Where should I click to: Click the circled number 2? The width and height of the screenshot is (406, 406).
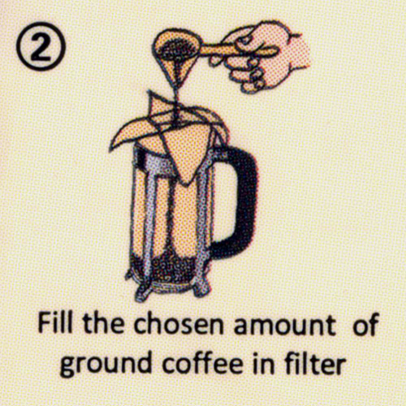tap(41, 46)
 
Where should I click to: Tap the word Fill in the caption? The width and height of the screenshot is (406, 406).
tap(55, 324)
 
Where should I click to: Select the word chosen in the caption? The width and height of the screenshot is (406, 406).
tap(179, 324)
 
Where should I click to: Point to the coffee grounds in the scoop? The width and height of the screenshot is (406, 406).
tap(171, 50)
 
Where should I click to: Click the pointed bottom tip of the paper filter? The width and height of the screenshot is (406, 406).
tap(185, 184)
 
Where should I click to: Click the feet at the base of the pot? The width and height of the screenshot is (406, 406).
tap(168, 290)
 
